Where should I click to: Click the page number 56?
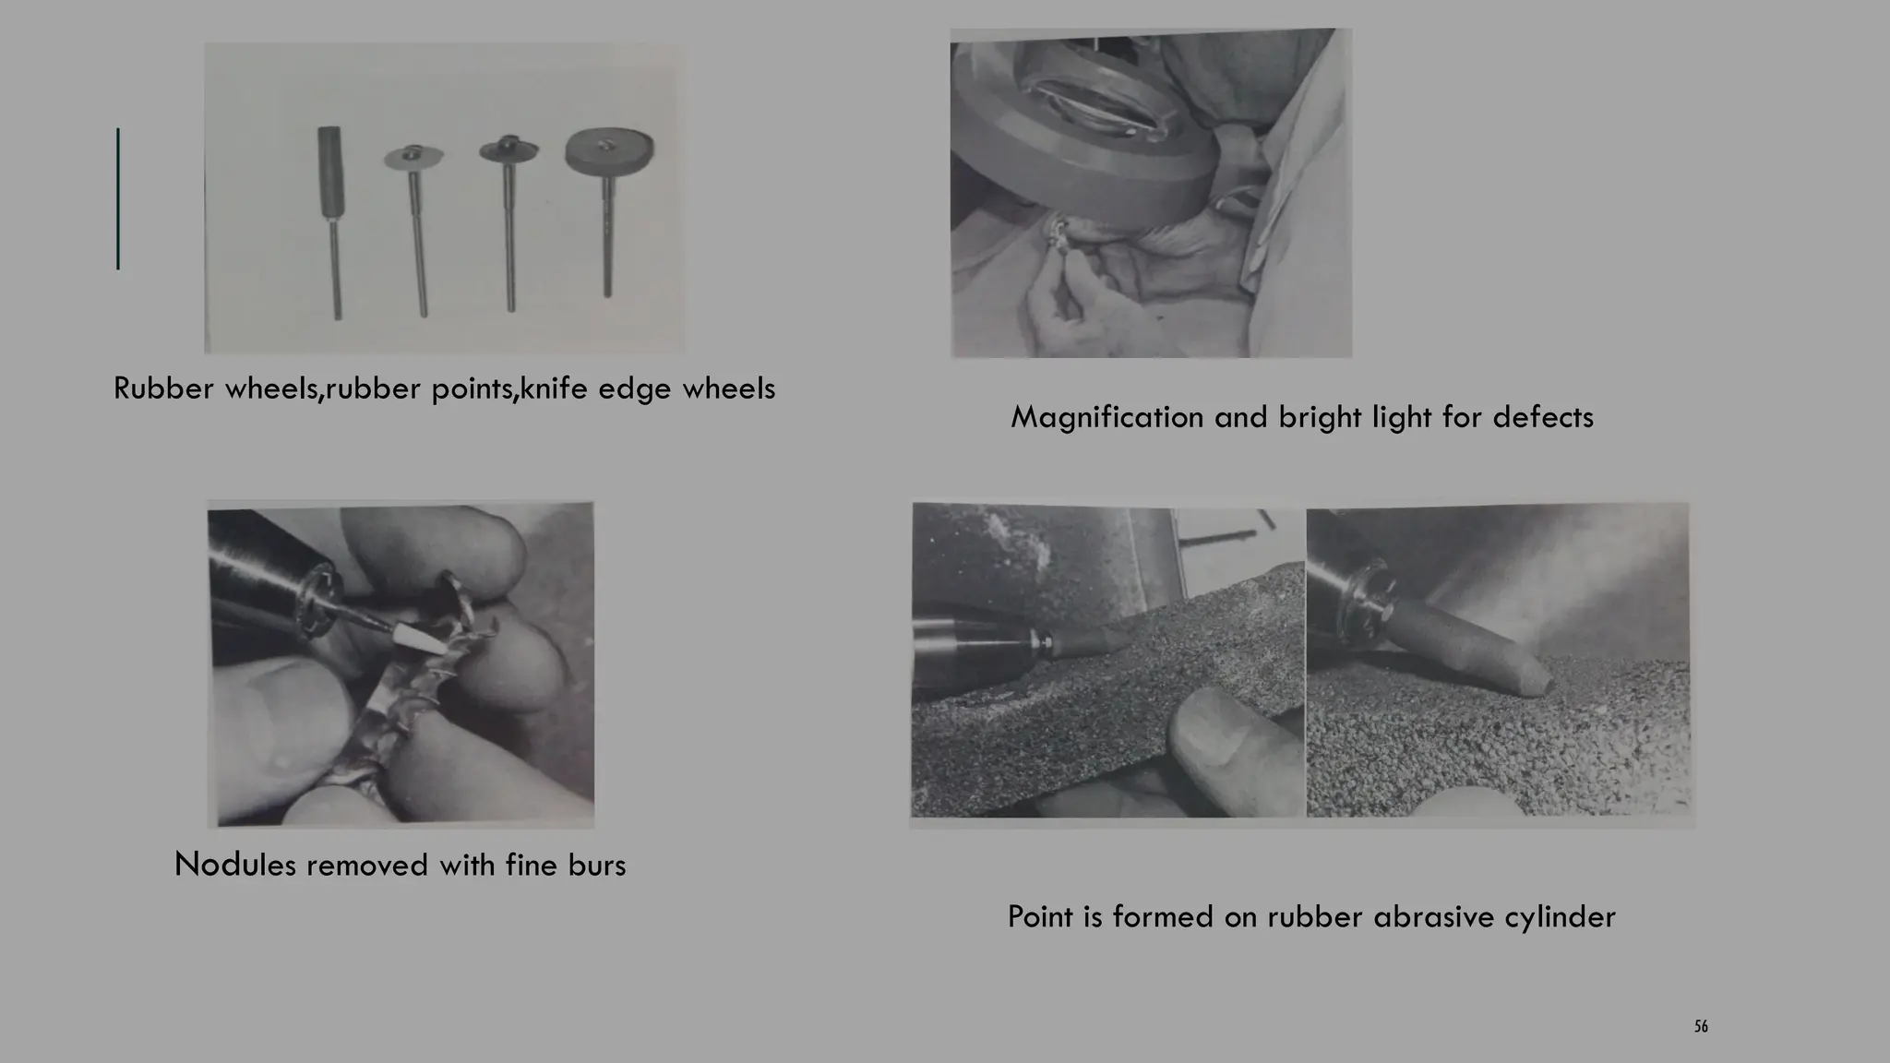pyautogui.click(x=1701, y=1027)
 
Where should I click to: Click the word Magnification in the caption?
pyautogui.click(x=1106, y=418)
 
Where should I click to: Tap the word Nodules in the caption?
pyautogui.click(x=234, y=866)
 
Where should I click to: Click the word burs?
pyautogui.click(x=597, y=866)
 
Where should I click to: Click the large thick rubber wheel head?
pyautogui.click(x=609, y=150)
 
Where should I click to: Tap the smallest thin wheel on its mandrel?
pyautogui.click(x=413, y=159)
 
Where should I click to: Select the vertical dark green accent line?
pyautogui.click(x=118, y=198)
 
